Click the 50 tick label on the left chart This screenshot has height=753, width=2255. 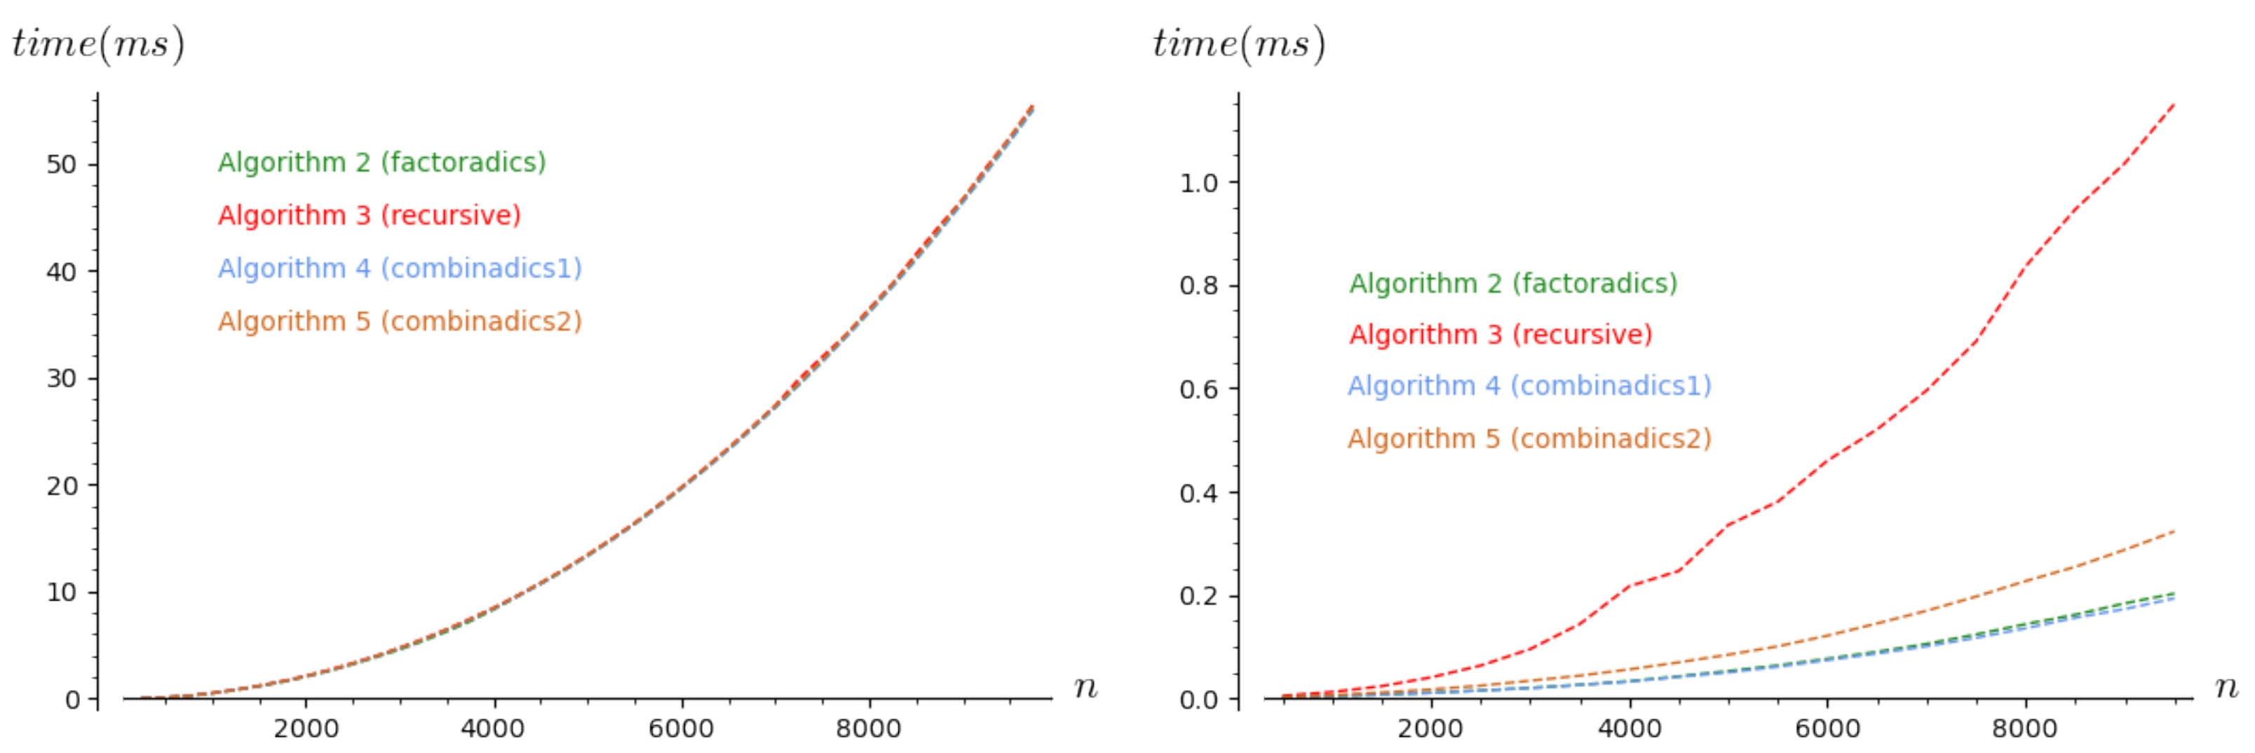[x=61, y=165]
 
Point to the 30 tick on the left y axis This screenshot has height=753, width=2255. [x=61, y=378]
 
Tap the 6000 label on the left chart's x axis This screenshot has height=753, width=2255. [x=681, y=728]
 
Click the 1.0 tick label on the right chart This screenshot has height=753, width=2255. [x=1198, y=183]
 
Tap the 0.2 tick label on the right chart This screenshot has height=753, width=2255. [x=1198, y=596]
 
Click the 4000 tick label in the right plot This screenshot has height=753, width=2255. [x=1629, y=728]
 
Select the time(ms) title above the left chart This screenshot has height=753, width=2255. [x=98, y=43]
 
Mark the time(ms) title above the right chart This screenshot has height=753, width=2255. [x=1239, y=43]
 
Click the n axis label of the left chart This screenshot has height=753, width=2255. [x=1085, y=687]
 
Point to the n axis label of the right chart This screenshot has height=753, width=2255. [x=2226, y=687]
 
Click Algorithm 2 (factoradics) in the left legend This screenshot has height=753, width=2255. [x=381, y=162]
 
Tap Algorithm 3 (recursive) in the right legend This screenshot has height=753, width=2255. [x=1501, y=334]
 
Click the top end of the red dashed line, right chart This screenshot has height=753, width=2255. [x=2174, y=104]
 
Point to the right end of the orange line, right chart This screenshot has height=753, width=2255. [x=2174, y=531]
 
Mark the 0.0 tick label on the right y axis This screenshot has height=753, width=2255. [x=1198, y=700]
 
